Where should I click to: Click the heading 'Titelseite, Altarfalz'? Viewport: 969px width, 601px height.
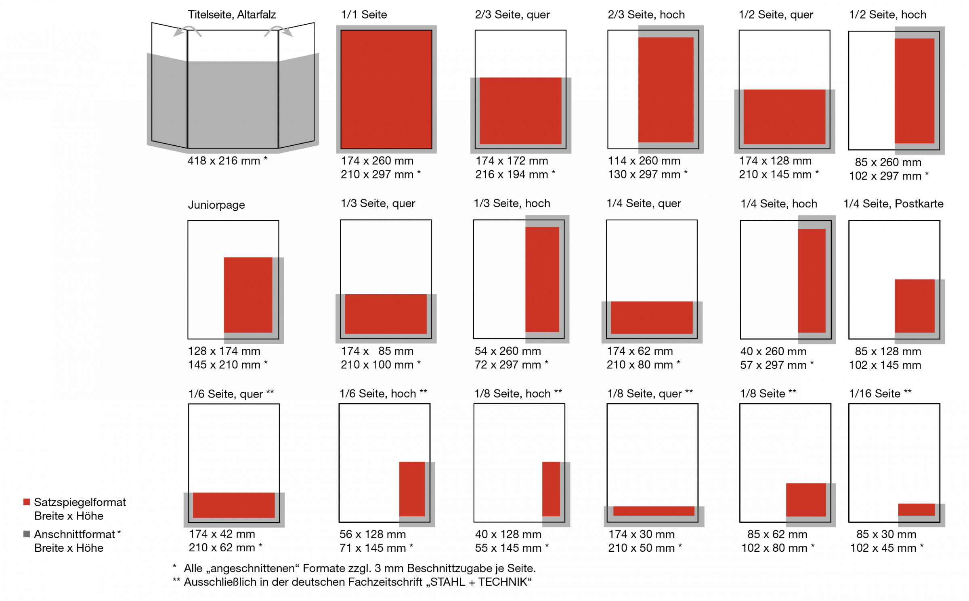coord(231,15)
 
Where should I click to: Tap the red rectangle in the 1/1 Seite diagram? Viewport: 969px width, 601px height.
coord(386,89)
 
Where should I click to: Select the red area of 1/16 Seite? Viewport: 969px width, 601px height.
coord(916,509)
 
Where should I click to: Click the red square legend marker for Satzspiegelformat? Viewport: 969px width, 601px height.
coord(27,502)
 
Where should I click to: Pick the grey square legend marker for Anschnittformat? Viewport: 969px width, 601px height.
coord(27,534)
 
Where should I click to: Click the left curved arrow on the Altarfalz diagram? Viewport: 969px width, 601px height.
coord(186,31)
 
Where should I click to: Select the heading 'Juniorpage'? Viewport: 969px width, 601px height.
coord(216,205)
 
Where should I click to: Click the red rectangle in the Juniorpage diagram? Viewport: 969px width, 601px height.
coord(248,295)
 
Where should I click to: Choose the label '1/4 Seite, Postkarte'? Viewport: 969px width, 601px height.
coord(893,203)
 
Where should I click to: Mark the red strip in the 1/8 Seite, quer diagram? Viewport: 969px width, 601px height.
coord(653,511)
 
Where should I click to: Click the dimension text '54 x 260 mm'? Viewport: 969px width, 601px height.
coord(508,351)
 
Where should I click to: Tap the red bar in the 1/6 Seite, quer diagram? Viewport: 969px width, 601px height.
coord(234,505)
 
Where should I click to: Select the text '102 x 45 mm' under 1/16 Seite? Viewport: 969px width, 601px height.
coord(883,548)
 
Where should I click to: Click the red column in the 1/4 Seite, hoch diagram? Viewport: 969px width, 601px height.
coord(812,281)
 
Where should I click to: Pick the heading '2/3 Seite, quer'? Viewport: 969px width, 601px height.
coord(512,15)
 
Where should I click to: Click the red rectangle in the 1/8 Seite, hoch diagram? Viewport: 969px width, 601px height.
coord(551,489)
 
